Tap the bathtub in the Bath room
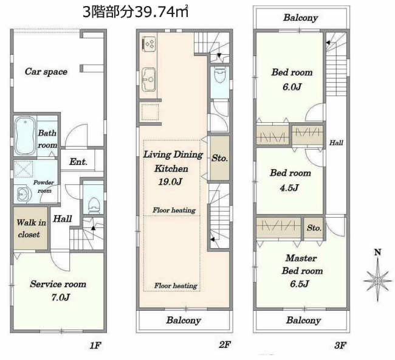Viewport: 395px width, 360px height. [x=24, y=135]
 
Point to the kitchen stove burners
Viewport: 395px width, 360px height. [x=149, y=44]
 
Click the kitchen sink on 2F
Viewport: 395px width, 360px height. [x=149, y=77]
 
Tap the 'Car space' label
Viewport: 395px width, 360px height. [x=46, y=71]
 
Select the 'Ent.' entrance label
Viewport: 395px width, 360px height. [x=78, y=162]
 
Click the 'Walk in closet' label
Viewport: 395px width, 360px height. [x=28, y=229]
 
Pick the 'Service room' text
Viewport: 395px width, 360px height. [x=58, y=284]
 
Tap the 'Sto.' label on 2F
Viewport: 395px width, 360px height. [x=219, y=158]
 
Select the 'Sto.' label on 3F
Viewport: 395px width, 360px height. [x=314, y=228]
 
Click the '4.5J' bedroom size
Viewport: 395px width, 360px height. [x=290, y=187]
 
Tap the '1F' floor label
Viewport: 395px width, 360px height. [x=95, y=345]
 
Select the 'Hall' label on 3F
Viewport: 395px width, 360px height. [x=336, y=143]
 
